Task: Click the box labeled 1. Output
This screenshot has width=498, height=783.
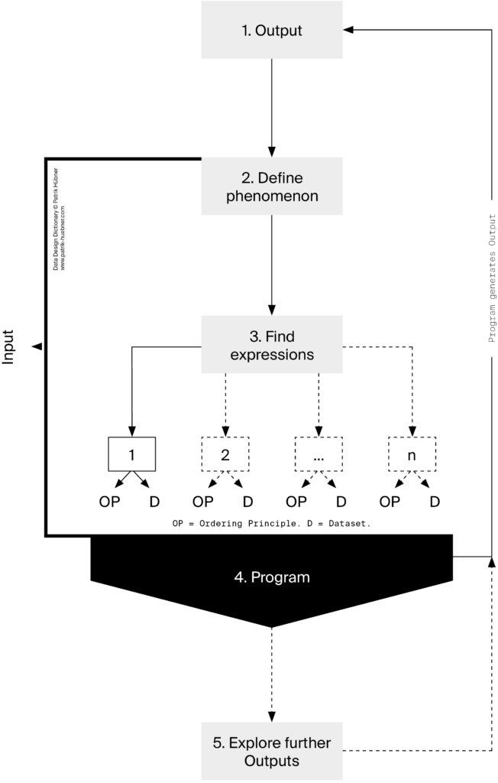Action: point(272,31)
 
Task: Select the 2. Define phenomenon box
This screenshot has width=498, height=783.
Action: point(272,187)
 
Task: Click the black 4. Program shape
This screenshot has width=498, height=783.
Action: point(272,577)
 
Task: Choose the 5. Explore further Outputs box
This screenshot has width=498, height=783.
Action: point(272,751)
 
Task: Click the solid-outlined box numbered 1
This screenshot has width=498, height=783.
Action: point(132,453)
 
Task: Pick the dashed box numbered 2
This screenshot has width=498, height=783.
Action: point(225,453)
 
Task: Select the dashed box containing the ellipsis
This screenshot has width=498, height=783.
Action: point(319,453)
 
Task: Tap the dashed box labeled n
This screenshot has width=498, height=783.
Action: point(412,453)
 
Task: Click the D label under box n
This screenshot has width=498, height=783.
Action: point(434,502)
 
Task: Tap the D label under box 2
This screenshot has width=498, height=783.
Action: point(247,502)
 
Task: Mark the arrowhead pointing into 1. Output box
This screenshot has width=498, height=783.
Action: point(348,30)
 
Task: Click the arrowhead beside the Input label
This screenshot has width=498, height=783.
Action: point(36,346)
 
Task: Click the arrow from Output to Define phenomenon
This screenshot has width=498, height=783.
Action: point(272,107)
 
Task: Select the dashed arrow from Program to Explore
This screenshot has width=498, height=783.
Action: point(272,673)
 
